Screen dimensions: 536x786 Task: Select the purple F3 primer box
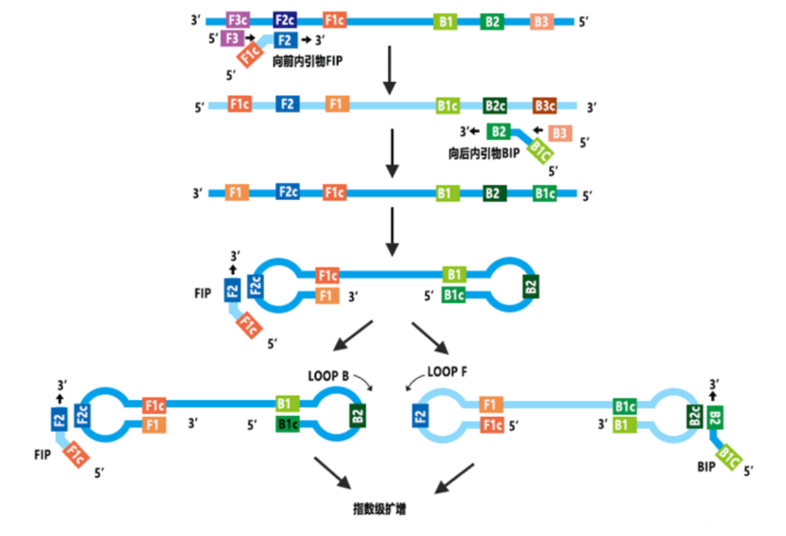click(232, 39)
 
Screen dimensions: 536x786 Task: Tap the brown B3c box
click(544, 106)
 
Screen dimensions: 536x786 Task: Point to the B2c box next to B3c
click(495, 106)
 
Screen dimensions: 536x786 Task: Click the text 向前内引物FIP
click(306, 62)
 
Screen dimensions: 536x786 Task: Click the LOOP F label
click(447, 371)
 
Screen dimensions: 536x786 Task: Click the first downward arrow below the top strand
click(391, 71)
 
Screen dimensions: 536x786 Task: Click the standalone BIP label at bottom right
click(705, 465)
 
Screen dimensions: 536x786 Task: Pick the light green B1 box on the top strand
click(446, 22)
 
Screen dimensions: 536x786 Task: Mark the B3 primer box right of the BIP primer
click(559, 133)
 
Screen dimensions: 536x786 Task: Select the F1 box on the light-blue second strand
click(336, 105)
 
